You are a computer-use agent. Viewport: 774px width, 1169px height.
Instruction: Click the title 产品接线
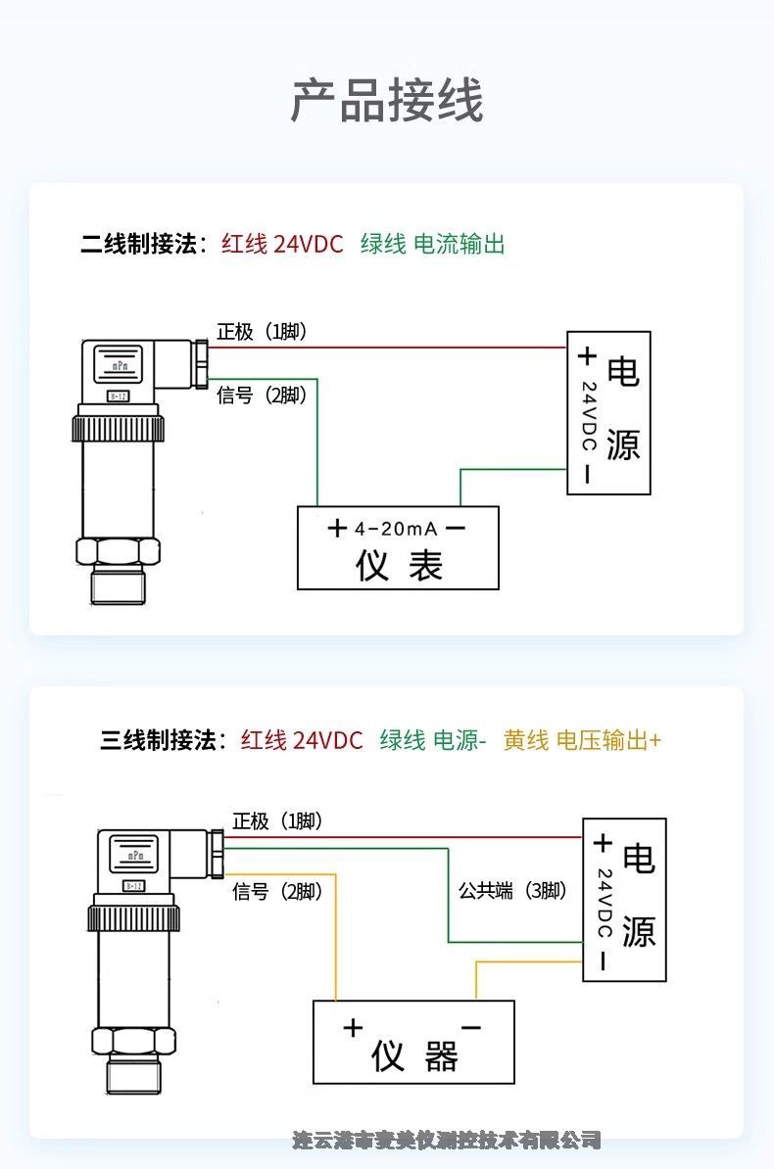tap(387, 101)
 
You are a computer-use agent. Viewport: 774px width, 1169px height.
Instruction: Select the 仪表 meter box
tap(398, 548)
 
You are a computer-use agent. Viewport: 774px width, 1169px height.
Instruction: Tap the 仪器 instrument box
tap(413, 1043)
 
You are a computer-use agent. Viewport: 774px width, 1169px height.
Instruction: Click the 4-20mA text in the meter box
tap(396, 529)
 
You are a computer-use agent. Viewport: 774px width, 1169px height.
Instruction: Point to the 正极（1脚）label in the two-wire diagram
tap(262, 332)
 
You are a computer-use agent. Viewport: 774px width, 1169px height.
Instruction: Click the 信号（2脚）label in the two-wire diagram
tap(262, 395)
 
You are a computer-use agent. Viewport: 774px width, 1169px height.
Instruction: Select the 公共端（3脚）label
tap(512, 891)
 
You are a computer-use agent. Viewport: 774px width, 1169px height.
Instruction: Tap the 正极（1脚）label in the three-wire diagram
tap(277, 821)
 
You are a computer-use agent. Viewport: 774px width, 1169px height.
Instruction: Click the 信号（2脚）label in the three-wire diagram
tap(277, 891)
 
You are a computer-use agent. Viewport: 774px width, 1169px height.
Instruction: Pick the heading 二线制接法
tap(143, 244)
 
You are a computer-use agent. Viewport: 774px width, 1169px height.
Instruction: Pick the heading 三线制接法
tap(163, 740)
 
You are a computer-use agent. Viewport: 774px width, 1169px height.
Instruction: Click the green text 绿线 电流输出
tap(432, 244)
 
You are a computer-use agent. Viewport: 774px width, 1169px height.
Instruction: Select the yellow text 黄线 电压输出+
tap(582, 740)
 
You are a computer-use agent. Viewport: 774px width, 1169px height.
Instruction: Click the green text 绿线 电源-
tap(433, 740)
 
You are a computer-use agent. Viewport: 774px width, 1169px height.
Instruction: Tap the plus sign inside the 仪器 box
tap(353, 1028)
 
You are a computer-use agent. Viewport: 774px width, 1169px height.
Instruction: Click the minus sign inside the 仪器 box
tap(470, 1027)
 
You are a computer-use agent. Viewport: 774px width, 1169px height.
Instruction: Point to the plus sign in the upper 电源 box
tap(586, 355)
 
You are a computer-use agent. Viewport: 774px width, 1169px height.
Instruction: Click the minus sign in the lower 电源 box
tap(603, 962)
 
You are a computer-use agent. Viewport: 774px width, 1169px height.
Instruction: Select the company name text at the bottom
tap(446, 1140)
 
